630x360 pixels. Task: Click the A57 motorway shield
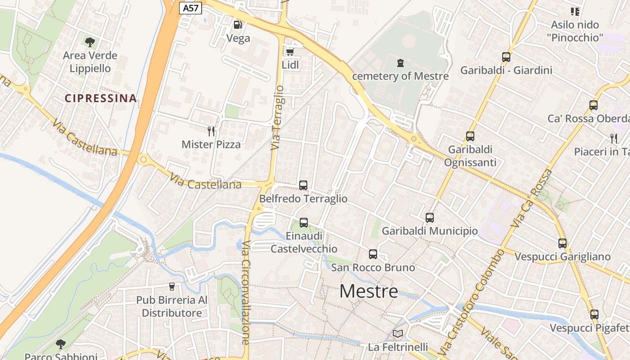point(190,8)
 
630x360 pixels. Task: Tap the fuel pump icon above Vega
point(238,25)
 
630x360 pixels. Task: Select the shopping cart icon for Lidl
point(290,52)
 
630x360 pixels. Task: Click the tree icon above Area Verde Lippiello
point(90,42)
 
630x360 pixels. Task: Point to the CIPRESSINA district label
point(100,98)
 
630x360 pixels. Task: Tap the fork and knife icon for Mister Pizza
point(211,131)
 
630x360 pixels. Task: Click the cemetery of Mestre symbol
point(400,63)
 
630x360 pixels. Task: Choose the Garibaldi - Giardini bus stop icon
point(506,57)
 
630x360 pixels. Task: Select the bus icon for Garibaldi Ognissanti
point(470,136)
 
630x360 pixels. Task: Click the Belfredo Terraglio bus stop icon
point(303,185)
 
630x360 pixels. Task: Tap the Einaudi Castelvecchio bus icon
point(304,222)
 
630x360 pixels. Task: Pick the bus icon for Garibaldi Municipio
point(430,218)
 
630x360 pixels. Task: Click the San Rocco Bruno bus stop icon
point(373,254)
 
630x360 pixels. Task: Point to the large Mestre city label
point(369,292)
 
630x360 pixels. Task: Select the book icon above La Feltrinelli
point(397,333)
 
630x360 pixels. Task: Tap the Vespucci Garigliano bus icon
point(562,243)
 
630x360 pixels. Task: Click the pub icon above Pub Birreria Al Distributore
point(171,286)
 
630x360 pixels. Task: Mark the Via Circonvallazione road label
point(246,292)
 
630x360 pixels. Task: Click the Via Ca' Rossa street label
point(531,198)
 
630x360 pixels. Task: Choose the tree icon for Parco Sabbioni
point(61,344)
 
